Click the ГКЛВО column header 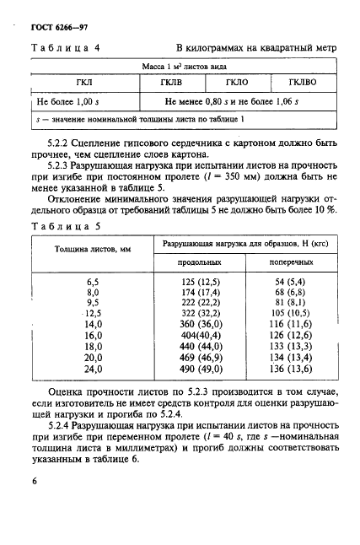298,83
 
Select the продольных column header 187,263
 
